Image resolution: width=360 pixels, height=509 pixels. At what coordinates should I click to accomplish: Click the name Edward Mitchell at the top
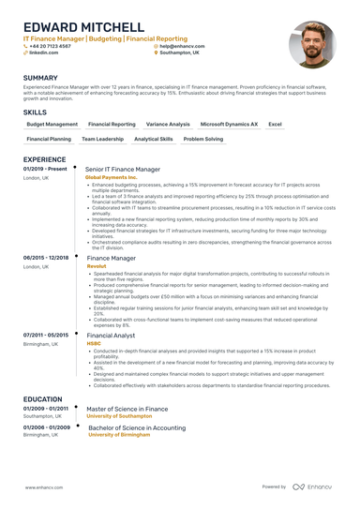[x=84, y=27]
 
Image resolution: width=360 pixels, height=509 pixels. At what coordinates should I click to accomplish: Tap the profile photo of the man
[x=312, y=43]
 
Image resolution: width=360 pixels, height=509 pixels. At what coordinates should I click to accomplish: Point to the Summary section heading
[x=40, y=78]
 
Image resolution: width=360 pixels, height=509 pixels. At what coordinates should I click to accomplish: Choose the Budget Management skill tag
[x=52, y=124]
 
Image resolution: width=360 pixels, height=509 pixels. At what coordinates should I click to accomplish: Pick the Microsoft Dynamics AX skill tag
[x=229, y=124]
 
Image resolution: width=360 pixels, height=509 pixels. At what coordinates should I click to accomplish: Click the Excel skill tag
[x=275, y=124]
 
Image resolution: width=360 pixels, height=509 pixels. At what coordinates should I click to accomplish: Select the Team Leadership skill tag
[x=102, y=139]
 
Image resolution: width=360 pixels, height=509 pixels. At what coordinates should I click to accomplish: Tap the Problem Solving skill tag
[x=202, y=139]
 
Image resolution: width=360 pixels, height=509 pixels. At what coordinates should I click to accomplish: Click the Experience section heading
[x=44, y=159]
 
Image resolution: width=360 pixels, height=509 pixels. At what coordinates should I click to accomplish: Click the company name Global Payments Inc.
[x=111, y=177]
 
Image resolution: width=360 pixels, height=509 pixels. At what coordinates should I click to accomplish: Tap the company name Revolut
[x=96, y=265]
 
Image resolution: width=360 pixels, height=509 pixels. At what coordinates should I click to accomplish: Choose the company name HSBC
[x=94, y=343]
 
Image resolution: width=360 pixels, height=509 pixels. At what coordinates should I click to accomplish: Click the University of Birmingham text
[x=121, y=435]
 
